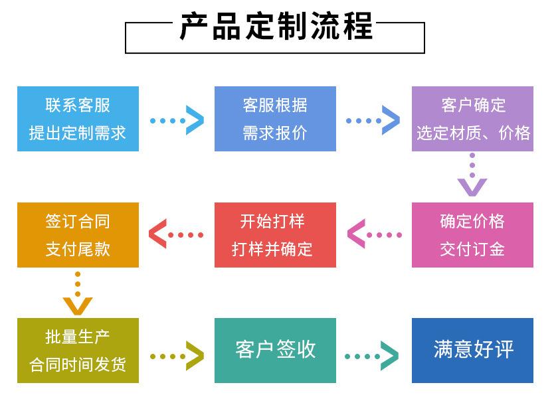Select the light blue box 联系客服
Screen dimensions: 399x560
click(x=78, y=118)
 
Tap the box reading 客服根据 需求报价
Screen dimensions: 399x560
click(x=275, y=118)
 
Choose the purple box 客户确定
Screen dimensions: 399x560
click(x=472, y=118)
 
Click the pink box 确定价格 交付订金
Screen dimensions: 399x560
click(x=472, y=234)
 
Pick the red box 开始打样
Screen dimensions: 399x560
click(x=275, y=234)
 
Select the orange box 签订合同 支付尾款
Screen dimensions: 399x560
click(x=78, y=234)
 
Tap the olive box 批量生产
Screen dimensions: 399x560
click(x=78, y=351)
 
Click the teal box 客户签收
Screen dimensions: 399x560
click(x=275, y=351)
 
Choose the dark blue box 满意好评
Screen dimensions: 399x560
click(x=472, y=351)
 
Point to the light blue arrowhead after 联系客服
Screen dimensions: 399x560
click(x=195, y=120)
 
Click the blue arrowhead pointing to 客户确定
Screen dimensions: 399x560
click(x=391, y=120)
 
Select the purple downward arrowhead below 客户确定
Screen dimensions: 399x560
click(x=472, y=187)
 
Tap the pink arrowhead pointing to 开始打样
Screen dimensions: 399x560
click(x=355, y=234)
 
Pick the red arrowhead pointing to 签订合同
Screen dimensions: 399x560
click(x=157, y=234)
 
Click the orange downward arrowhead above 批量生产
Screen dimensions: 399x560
click(x=78, y=305)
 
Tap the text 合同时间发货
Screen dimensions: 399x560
click(x=78, y=364)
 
